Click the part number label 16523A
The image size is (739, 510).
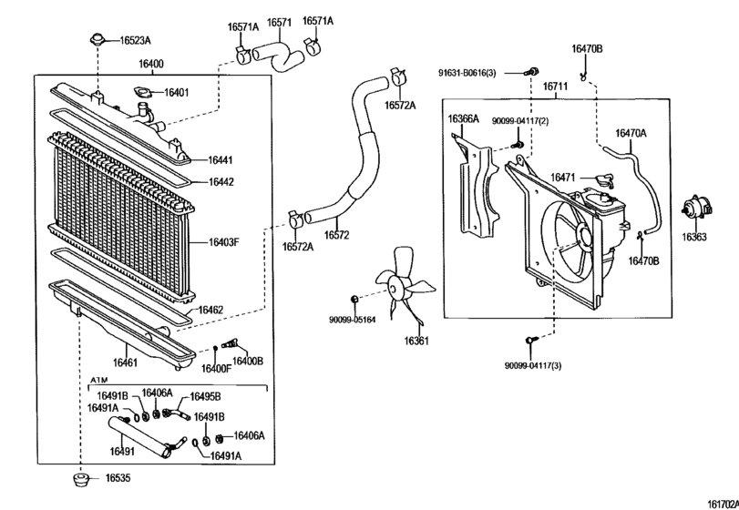[134, 40]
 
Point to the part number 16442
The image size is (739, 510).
[221, 182]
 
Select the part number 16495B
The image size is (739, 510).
[205, 397]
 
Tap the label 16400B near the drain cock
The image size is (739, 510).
[247, 361]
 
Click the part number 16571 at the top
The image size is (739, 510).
[279, 22]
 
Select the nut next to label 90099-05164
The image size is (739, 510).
[354, 299]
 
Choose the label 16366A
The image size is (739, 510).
[463, 118]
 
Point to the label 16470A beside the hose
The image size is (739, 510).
[631, 133]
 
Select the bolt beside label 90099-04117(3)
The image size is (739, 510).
[529, 341]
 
